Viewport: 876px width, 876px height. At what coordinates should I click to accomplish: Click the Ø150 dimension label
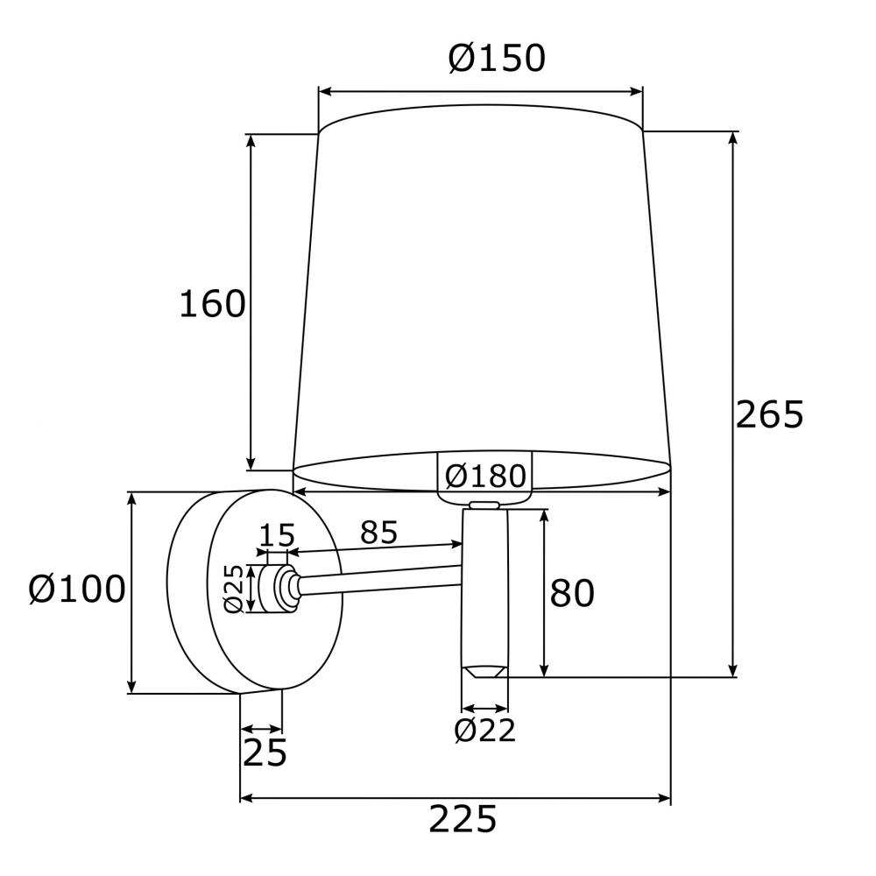(497, 58)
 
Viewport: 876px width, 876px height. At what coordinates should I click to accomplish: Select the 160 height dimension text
(212, 304)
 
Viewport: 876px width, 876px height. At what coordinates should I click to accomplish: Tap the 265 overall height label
(769, 414)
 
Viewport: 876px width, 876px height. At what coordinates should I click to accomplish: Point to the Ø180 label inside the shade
(485, 476)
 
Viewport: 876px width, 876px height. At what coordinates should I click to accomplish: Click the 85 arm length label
(378, 532)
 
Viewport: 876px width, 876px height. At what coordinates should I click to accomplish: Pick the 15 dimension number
(277, 535)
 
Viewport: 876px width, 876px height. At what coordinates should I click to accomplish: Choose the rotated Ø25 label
(234, 589)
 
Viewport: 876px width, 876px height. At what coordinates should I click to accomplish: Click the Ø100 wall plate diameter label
(77, 589)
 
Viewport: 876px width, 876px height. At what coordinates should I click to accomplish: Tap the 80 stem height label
(572, 593)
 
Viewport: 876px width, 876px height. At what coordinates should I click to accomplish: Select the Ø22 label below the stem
(485, 730)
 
